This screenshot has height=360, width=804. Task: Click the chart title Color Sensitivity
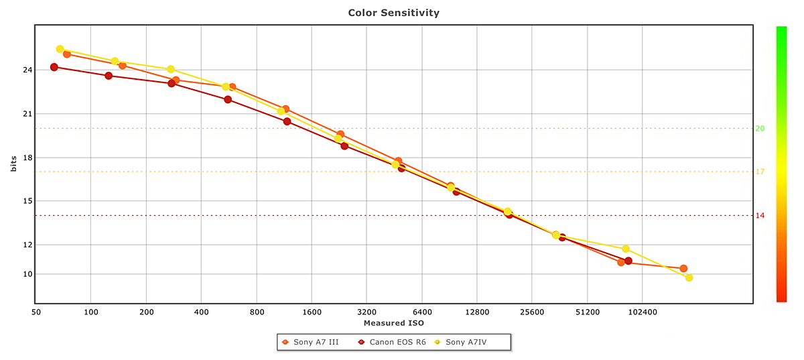click(394, 13)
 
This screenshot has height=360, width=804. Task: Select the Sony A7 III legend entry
click(315, 342)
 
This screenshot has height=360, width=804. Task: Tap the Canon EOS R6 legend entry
click(397, 342)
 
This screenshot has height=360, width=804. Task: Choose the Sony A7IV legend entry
click(470, 342)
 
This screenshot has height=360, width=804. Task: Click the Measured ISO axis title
click(394, 323)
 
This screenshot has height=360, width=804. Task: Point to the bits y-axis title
click(13, 165)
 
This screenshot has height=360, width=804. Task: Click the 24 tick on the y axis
click(27, 70)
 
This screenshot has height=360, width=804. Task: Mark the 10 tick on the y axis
click(27, 274)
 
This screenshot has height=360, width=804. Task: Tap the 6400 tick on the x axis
click(421, 312)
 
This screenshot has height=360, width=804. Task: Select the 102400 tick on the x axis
click(641, 312)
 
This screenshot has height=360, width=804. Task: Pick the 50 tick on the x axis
click(36, 312)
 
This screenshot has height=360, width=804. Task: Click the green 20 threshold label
click(760, 128)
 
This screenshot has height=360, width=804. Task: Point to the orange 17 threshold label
click(760, 172)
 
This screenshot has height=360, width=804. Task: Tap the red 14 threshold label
click(760, 215)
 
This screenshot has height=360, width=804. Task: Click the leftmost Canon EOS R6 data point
click(54, 67)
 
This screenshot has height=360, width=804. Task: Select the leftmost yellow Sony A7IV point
click(60, 49)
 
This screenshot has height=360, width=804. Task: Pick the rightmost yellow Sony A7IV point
click(689, 278)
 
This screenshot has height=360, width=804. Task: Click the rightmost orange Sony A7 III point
click(683, 268)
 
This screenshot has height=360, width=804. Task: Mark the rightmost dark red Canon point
click(628, 261)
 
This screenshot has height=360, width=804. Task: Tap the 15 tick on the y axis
click(27, 201)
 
